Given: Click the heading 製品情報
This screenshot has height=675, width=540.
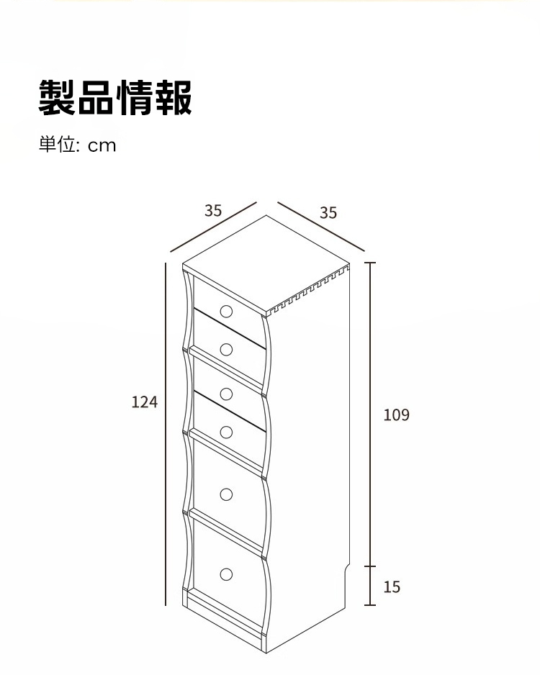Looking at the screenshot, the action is point(115,97).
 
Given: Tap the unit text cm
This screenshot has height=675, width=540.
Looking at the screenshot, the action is point(102,146).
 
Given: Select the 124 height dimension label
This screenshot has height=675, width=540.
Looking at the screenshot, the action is point(144,402).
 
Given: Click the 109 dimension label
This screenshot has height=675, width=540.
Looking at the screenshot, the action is point(396,414).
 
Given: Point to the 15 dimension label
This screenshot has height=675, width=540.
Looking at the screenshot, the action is point(392,586).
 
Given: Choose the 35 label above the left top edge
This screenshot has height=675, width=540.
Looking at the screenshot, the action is point(213,211).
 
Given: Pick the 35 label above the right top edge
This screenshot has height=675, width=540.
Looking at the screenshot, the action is point(328,213).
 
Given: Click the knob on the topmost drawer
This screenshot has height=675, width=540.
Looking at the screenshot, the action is point(226,312).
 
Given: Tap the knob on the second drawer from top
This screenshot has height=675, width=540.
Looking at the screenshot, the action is point(226,350).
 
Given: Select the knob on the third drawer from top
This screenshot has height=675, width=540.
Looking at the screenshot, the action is point(226,394).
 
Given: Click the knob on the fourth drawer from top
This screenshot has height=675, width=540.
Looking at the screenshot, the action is point(226,432).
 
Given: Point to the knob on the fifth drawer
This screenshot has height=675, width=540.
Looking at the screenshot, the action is point(226,494).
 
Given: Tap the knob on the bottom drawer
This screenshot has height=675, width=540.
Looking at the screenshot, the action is point(226,574).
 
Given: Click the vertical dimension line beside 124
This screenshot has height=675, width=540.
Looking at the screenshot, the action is point(166,434).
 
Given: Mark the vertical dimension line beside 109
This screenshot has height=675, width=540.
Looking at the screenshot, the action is point(370,414).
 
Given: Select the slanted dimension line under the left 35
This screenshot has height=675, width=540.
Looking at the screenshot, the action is point(213,227).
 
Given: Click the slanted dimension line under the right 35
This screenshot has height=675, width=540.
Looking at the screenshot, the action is point(321,226).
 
